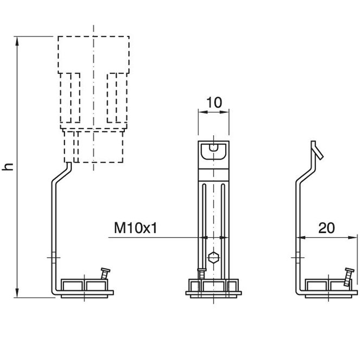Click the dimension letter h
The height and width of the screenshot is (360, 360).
[8, 167]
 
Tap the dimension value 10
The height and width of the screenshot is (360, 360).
[214, 103]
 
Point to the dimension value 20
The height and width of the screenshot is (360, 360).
[326, 228]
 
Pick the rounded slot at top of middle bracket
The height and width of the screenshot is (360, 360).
[214, 147]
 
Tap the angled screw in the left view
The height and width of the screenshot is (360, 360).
[104, 273]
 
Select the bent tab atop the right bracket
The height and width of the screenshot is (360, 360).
[317, 150]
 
